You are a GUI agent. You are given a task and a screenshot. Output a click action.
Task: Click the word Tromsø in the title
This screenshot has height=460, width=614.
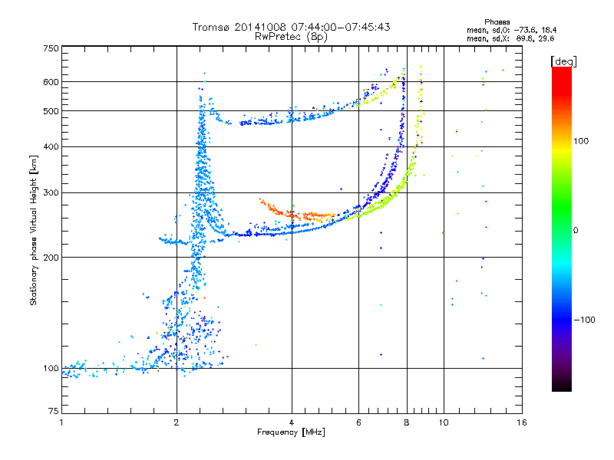(212, 27)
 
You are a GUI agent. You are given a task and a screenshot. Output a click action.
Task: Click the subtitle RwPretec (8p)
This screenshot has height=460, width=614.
(291, 37)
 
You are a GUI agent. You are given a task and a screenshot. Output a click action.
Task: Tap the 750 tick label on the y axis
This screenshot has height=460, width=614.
(51, 48)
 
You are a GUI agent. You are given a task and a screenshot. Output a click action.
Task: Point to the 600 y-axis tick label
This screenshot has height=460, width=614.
(51, 82)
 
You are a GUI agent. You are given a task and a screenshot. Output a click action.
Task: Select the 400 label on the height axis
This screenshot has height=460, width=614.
(51, 147)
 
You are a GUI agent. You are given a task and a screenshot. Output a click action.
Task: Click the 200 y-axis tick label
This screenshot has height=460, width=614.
(51, 258)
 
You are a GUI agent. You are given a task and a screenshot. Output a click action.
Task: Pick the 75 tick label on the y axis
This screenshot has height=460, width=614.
(54, 411)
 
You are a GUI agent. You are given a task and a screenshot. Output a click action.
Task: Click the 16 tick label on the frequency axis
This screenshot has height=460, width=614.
(522, 422)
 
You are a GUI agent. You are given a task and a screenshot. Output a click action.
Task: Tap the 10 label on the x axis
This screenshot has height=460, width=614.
(444, 422)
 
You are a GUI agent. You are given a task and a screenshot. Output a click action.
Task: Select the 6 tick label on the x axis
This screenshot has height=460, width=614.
(358, 422)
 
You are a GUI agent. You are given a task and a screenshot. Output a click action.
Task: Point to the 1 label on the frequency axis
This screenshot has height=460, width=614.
(61, 422)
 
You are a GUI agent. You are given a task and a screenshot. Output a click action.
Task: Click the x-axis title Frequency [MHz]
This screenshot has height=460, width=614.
(291, 432)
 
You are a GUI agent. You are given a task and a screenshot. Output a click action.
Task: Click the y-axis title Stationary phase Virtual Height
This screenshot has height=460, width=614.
(33, 230)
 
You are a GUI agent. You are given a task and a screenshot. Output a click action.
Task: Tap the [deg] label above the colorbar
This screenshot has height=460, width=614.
(563, 61)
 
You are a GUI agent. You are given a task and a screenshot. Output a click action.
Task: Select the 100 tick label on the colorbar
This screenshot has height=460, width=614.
(581, 141)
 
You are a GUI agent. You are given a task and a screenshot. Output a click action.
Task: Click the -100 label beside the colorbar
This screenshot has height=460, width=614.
(584, 320)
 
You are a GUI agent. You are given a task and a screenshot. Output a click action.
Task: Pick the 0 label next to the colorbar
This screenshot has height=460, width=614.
(576, 231)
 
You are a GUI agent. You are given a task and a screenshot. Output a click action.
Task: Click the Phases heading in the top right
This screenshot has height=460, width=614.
(497, 22)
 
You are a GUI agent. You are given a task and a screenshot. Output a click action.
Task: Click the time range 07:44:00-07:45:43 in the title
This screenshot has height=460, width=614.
(341, 27)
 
